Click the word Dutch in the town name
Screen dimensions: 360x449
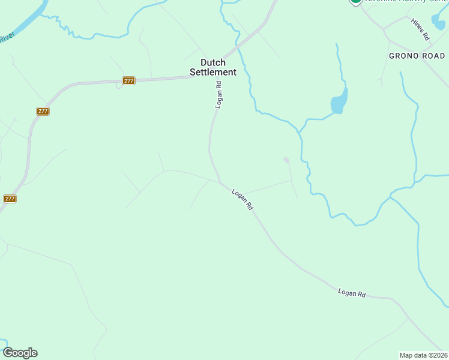pos(213,62)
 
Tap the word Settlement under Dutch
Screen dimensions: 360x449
pos(213,72)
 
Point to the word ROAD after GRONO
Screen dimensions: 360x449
pos(433,56)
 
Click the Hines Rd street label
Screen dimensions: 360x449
pos(421,29)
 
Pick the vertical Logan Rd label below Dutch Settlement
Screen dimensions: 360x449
pos(219,94)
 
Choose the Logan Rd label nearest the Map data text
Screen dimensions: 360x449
pos(352,293)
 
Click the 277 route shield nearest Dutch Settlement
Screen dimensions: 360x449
pos(128,80)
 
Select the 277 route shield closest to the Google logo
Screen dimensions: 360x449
pos(10,199)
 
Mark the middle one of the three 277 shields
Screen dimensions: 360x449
pos(43,111)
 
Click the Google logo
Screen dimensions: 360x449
pos(20,353)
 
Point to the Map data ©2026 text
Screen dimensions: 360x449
pos(424,355)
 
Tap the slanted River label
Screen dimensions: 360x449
pos(6,38)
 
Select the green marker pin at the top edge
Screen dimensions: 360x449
pos(355,1)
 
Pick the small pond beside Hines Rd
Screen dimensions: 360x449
pos(439,20)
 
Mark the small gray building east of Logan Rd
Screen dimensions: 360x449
pos(286,160)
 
